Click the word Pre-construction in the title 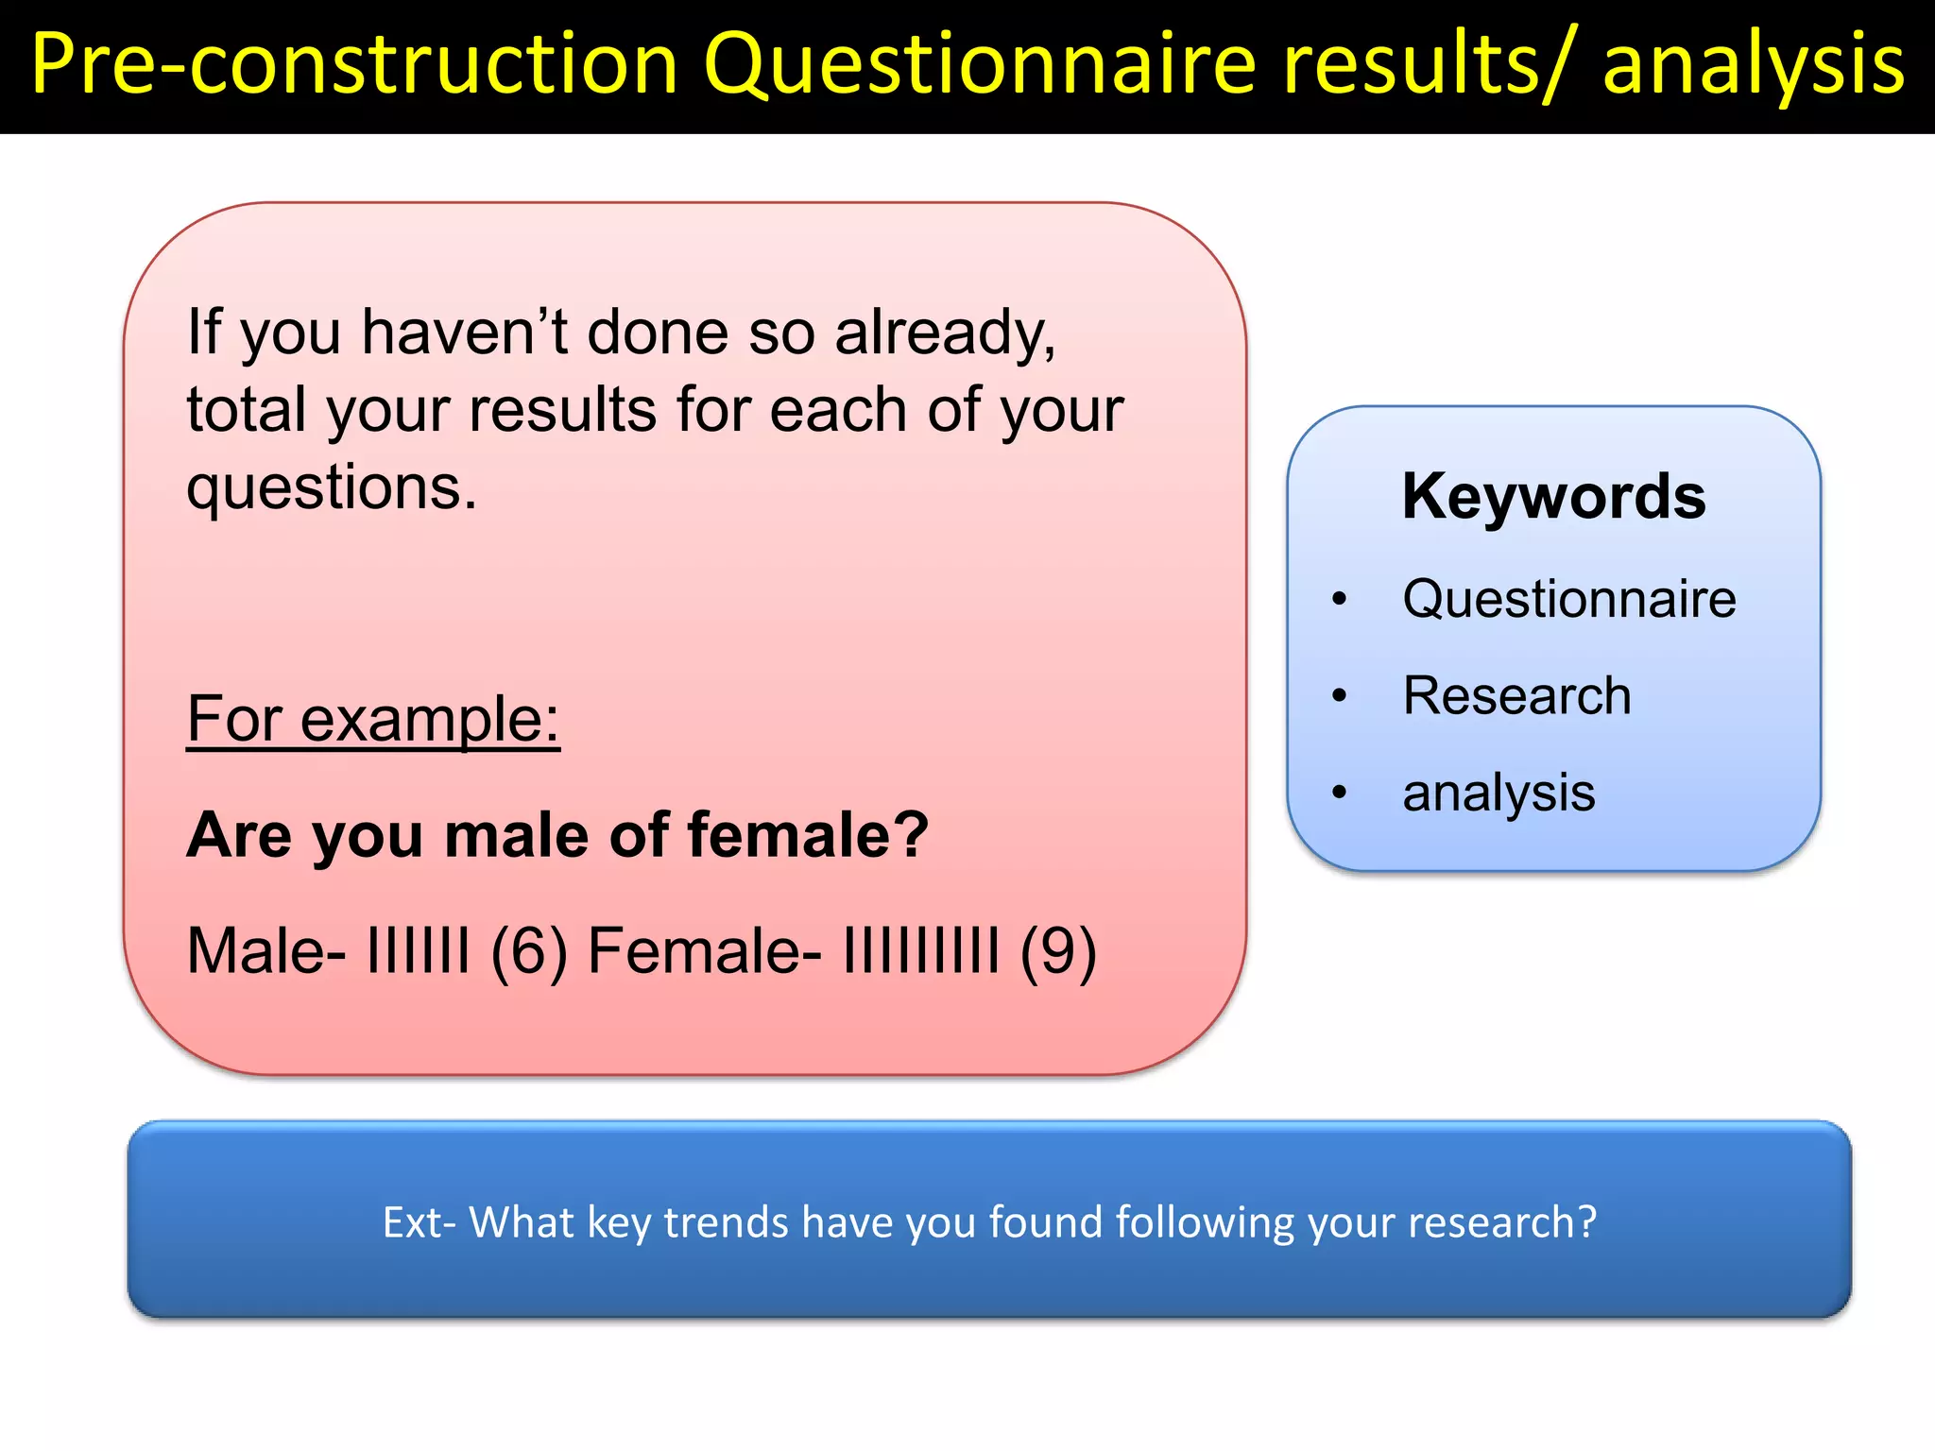coord(354,64)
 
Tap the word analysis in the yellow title coord(1753,64)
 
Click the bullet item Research coord(1516,695)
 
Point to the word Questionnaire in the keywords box coord(1568,598)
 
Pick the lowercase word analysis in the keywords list coord(1498,792)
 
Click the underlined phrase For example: coord(373,719)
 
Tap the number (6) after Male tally coord(529,950)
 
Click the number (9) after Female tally coord(1058,950)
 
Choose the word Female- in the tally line coord(704,950)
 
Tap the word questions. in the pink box coord(332,488)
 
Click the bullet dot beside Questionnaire coord(1339,599)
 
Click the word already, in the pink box coord(945,333)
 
